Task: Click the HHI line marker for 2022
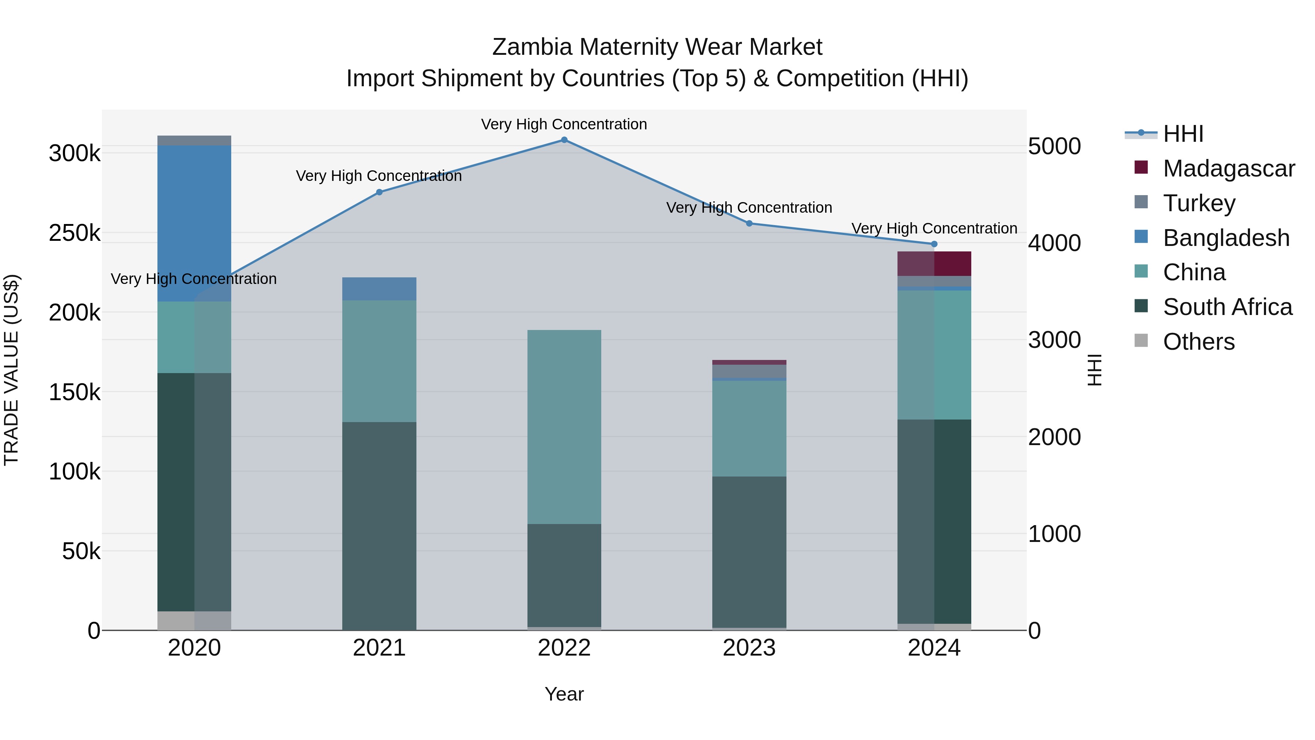point(564,140)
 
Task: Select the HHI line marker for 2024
point(934,244)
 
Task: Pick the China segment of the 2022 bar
point(564,427)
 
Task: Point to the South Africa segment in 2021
point(379,526)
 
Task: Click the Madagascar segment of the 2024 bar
point(934,263)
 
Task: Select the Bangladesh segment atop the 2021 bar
point(379,289)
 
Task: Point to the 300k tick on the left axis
point(75,153)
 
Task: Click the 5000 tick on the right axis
point(1054,146)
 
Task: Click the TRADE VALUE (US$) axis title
point(11,370)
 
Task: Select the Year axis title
point(564,694)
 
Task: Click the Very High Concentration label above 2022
point(564,124)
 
